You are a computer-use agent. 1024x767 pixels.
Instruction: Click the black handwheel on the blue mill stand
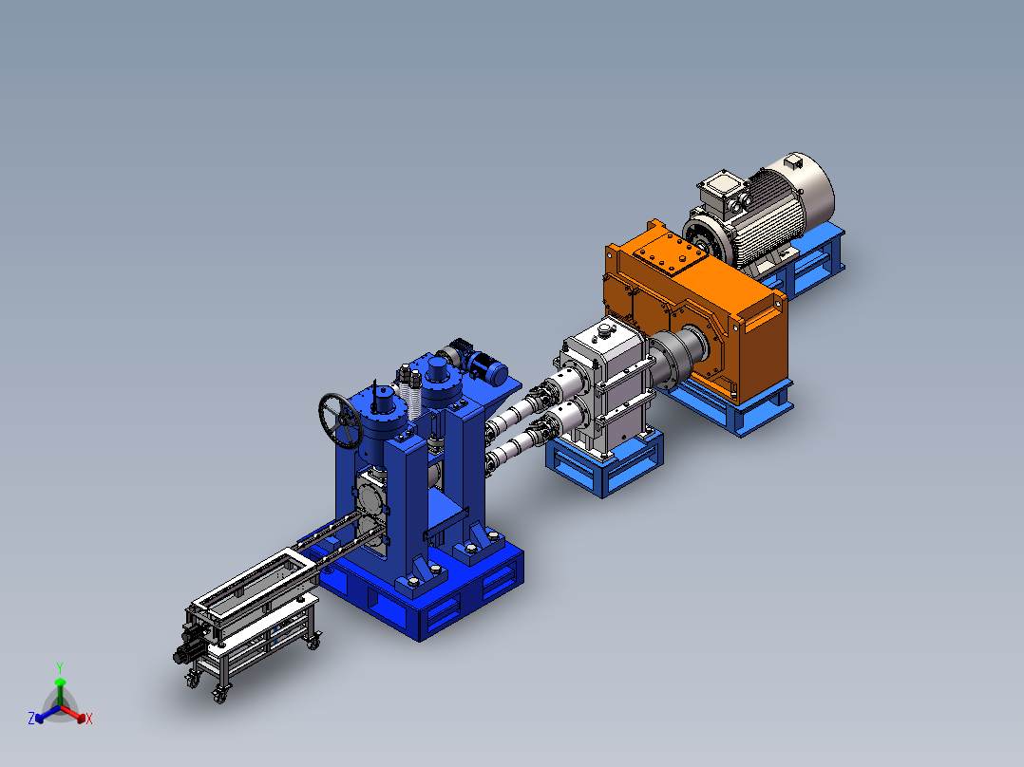[x=341, y=421]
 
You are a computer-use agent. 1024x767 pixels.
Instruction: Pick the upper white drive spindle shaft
[x=521, y=409]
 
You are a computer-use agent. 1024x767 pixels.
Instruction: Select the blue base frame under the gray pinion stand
[x=605, y=459]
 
